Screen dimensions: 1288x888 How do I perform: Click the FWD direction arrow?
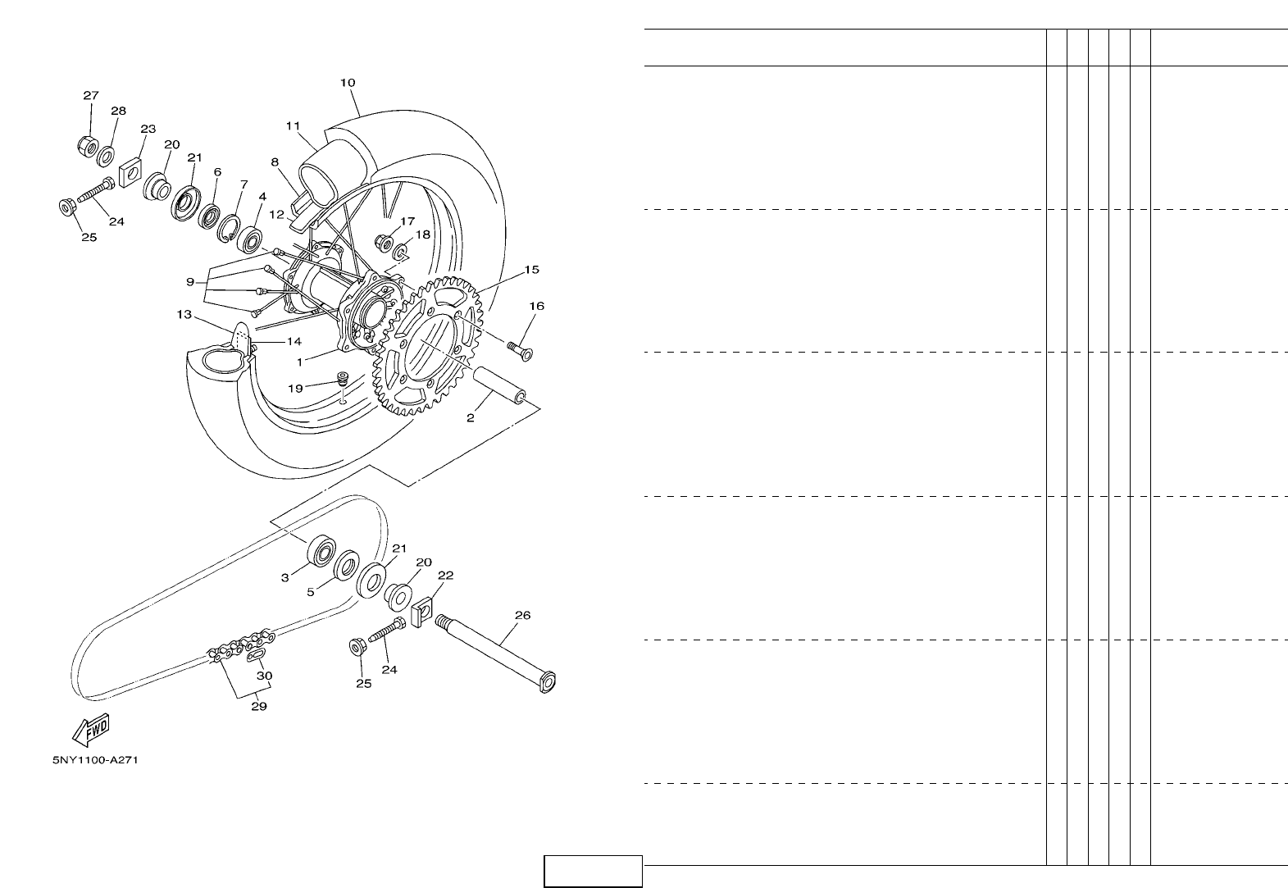tap(90, 729)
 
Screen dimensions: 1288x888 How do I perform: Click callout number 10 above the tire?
tap(348, 83)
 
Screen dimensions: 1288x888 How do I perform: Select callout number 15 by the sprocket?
tap(532, 269)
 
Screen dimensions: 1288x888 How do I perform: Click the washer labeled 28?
tap(107, 153)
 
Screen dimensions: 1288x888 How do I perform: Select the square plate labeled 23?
tap(130, 174)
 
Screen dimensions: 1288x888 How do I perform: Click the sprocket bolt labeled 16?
tap(518, 349)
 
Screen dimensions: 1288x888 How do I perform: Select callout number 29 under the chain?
tap(258, 705)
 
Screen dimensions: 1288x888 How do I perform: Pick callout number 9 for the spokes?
tap(190, 281)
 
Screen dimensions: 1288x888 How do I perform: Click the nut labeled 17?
tap(384, 242)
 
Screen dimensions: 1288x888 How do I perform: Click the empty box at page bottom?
tap(593, 871)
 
